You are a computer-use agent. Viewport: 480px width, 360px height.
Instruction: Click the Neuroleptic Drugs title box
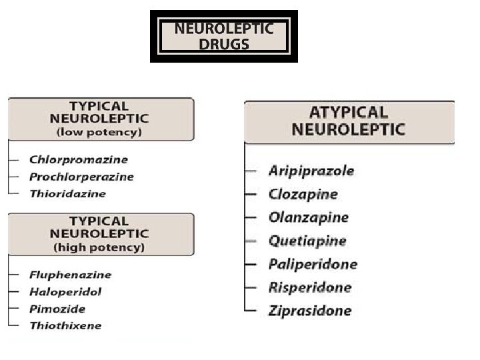click(223, 36)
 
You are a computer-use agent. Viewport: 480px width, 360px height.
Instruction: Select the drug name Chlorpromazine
click(78, 160)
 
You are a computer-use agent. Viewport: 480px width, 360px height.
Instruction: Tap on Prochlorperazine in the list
click(81, 177)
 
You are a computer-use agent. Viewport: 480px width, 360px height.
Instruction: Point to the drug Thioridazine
click(67, 194)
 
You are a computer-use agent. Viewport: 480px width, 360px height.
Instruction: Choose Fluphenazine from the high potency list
click(70, 275)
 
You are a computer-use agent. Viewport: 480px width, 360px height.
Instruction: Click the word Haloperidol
click(65, 292)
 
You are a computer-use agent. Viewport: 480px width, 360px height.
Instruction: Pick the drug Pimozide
click(57, 309)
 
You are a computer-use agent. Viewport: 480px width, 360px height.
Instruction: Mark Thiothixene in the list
click(65, 326)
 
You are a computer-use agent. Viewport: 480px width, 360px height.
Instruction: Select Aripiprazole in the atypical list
click(311, 171)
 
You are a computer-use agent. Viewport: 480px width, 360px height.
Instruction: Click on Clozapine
click(303, 194)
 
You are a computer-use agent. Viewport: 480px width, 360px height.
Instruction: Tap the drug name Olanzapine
click(308, 217)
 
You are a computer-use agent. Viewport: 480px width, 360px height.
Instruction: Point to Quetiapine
click(307, 241)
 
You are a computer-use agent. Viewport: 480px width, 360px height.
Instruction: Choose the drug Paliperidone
click(313, 264)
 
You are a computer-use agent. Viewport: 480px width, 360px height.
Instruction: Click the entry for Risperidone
click(309, 287)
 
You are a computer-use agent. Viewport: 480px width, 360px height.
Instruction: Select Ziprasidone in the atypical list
click(309, 311)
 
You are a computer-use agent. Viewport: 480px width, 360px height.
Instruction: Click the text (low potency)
click(99, 131)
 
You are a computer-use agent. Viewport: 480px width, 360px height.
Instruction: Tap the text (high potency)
click(99, 247)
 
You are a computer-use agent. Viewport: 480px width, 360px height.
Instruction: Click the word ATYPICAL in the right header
click(348, 112)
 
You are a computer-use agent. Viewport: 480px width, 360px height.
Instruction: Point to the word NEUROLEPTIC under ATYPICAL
click(348, 129)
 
